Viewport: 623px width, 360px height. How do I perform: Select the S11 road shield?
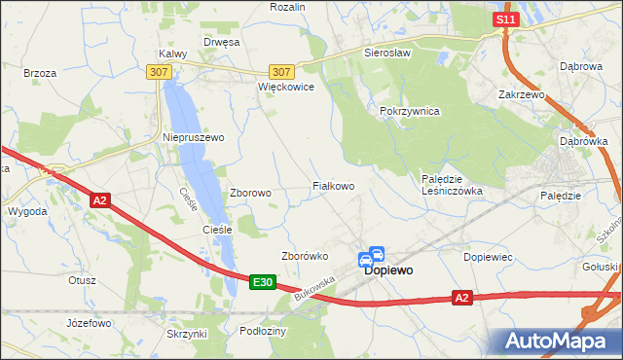point(503,19)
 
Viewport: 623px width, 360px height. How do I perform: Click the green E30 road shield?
point(261,282)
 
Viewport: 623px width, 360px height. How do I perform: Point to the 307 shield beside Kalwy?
point(159,72)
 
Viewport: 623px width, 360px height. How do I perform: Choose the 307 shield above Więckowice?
point(281,72)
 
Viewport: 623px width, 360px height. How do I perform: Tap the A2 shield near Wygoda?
point(99,200)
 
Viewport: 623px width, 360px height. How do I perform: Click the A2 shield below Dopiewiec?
point(462,298)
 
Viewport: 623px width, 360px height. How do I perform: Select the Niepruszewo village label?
point(193,137)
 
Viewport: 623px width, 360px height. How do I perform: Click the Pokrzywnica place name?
point(410,111)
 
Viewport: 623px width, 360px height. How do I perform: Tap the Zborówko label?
point(304,256)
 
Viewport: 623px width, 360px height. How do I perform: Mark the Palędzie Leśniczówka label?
point(451,185)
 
